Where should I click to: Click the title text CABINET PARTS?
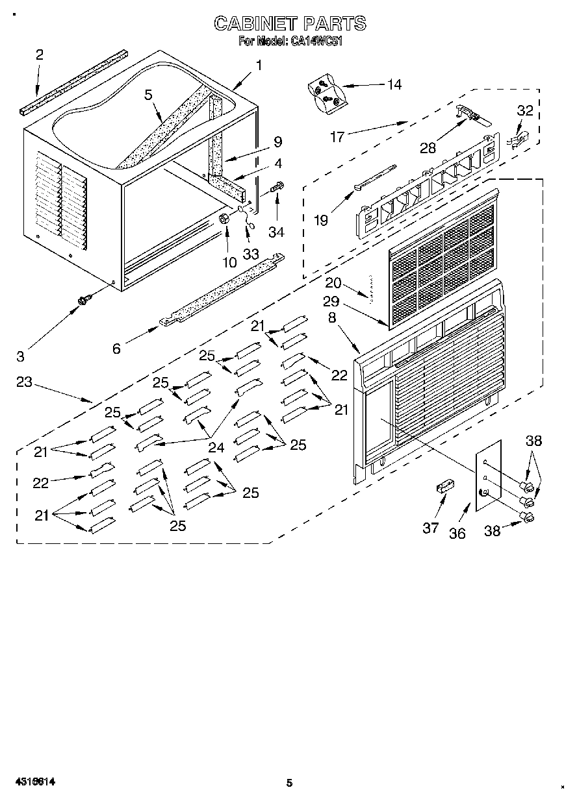pyautogui.click(x=290, y=24)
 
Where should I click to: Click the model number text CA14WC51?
pyautogui.click(x=316, y=41)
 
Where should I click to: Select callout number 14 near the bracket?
pyautogui.click(x=394, y=84)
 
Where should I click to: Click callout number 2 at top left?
pyautogui.click(x=39, y=55)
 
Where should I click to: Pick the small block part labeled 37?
pyautogui.click(x=444, y=487)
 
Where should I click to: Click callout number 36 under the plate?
pyautogui.click(x=458, y=534)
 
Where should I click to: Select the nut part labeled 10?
pyautogui.click(x=224, y=219)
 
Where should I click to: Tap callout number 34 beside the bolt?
pyautogui.click(x=276, y=232)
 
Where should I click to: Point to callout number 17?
pyautogui.click(x=337, y=138)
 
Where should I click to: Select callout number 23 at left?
pyautogui.click(x=24, y=382)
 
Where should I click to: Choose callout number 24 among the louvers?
pyautogui.click(x=215, y=447)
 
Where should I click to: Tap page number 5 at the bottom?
pyautogui.click(x=290, y=783)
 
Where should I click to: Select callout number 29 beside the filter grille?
pyautogui.click(x=331, y=302)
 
